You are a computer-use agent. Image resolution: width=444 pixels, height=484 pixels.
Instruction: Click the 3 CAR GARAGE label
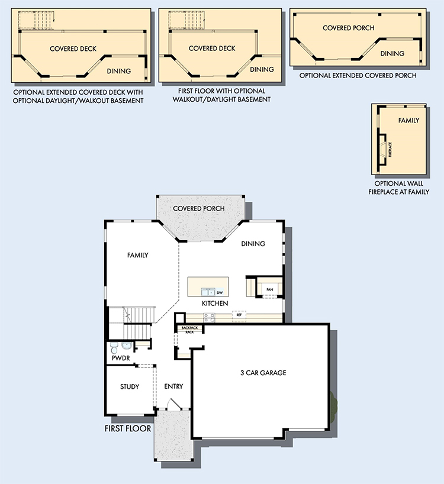(x=263, y=373)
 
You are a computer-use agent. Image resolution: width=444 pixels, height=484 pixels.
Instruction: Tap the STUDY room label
(x=130, y=386)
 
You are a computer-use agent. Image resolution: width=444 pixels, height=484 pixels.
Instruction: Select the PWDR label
(x=121, y=358)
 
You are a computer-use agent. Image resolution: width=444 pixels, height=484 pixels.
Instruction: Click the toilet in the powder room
(x=114, y=348)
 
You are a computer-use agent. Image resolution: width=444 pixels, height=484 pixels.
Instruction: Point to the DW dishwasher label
(x=220, y=292)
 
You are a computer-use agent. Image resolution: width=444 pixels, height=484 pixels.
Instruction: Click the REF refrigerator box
(x=239, y=315)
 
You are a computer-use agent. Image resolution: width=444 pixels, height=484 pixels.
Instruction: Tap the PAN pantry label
(x=270, y=289)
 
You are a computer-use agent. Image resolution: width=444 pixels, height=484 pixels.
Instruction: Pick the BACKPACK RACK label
(x=189, y=330)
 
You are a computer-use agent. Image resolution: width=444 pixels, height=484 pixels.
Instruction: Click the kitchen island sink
(x=208, y=292)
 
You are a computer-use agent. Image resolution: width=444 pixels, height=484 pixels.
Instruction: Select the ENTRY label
(x=173, y=386)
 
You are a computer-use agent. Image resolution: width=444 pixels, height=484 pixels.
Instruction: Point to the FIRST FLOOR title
(x=128, y=428)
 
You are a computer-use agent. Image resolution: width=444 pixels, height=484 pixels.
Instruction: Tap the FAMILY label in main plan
(x=138, y=255)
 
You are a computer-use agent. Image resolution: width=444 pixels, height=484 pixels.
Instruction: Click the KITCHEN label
(x=215, y=304)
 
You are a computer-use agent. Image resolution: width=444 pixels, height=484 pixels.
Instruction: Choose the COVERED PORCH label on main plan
(x=198, y=208)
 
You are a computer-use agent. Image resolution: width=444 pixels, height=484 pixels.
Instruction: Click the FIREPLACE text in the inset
(x=390, y=150)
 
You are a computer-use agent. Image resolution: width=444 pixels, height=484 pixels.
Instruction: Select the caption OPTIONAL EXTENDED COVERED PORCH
(x=358, y=75)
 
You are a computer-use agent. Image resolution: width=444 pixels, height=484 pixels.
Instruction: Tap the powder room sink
(x=126, y=346)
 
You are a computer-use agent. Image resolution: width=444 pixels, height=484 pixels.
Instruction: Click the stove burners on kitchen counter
(x=209, y=318)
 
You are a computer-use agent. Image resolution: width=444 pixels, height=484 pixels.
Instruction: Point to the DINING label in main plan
(x=253, y=244)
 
